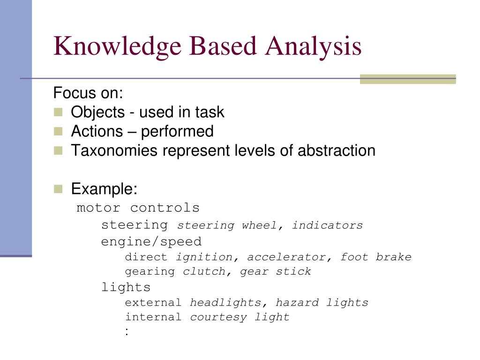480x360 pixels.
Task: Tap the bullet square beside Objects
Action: (58, 112)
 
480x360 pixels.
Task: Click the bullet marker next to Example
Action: (58, 189)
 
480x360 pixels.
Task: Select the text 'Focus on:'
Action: (88, 93)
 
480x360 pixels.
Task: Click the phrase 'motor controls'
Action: (138, 208)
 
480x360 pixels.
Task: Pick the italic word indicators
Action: (327, 225)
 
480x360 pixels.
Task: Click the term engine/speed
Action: (151, 242)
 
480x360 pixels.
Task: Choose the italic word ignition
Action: (204, 257)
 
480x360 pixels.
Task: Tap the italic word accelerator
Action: (286, 257)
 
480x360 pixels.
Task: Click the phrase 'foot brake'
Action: (375, 257)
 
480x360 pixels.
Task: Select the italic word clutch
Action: (204, 272)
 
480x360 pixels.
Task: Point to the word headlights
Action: (225, 303)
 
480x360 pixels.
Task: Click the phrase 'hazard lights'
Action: (322, 303)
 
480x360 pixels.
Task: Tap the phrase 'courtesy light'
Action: (240, 317)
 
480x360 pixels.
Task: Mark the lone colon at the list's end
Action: (127, 331)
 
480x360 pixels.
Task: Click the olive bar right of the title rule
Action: (407, 79)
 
